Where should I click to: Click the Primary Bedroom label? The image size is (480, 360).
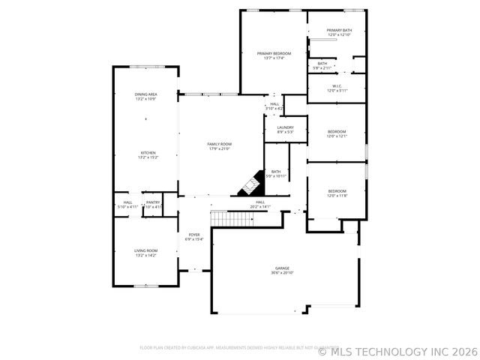(x=274, y=53)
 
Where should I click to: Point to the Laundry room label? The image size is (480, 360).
(x=285, y=127)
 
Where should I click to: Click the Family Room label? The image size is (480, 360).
(x=220, y=143)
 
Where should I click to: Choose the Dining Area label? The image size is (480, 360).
(x=145, y=94)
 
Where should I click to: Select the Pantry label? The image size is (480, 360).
(x=152, y=202)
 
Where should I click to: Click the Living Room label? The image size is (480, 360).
(x=146, y=250)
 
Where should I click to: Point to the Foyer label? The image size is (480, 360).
(x=194, y=235)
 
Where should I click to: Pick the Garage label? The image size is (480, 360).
(x=282, y=268)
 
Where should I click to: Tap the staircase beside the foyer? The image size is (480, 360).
(x=232, y=218)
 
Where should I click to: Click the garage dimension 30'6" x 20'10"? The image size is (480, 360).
(x=282, y=273)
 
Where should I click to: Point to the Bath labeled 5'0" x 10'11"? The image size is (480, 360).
(x=276, y=173)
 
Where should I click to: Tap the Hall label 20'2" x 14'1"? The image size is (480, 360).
(x=260, y=204)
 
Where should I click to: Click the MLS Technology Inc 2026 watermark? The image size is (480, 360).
(x=397, y=350)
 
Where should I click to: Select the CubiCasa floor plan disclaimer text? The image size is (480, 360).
(x=224, y=348)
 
